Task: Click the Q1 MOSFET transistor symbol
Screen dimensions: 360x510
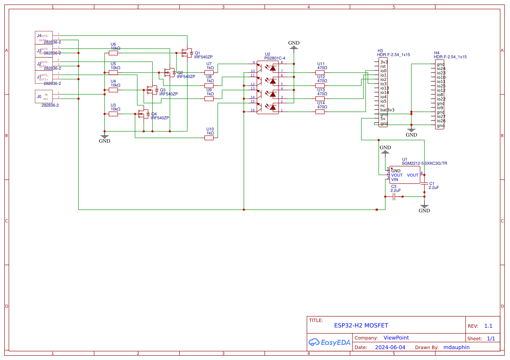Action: pos(187,53)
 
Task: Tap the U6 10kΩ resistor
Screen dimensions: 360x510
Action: pos(113,53)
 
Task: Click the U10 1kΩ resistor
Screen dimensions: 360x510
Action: pos(209,138)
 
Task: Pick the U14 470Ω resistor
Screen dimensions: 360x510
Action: pos(320,112)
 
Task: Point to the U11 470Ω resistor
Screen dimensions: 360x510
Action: pos(320,72)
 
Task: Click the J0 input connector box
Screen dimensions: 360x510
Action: pos(44,96)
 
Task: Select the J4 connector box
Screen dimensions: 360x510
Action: pos(44,37)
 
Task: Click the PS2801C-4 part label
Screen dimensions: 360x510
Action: pos(275,58)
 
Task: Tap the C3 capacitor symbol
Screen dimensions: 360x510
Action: pos(394,197)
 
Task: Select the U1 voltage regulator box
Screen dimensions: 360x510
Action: pos(405,175)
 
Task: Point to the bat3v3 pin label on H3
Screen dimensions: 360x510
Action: pos(387,110)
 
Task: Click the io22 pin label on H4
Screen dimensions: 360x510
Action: pos(441,99)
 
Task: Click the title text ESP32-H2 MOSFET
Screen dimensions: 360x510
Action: pos(361,326)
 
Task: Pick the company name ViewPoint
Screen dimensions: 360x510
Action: pos(396,338)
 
